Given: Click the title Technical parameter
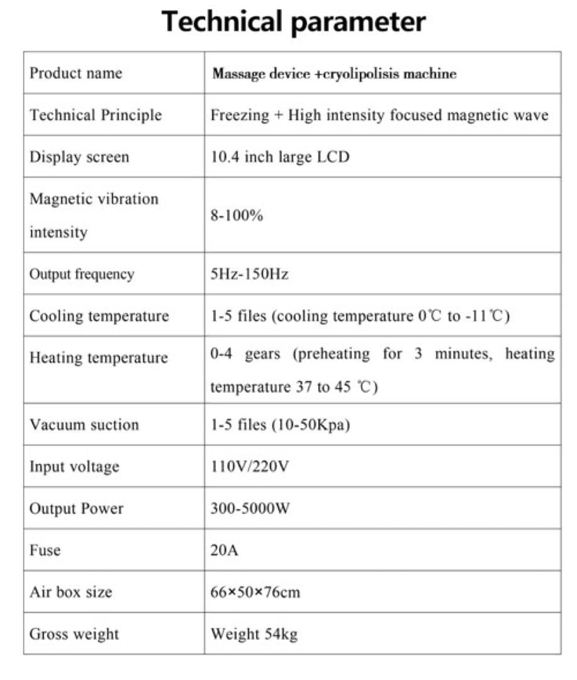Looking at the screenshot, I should pos(293,21).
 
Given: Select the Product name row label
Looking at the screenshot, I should pos(76,73).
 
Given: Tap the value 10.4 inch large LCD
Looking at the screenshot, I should pos(279,157).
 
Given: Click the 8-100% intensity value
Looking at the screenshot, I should pos(237,216).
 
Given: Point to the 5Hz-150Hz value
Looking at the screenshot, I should pos(249,275).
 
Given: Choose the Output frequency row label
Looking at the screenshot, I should pos(82,275).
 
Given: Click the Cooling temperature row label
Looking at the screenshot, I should pos(99,316).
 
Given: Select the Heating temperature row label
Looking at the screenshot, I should pos(99,358).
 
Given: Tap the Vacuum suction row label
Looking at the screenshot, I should pos(84,425).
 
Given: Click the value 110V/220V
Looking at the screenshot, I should pos(250,467).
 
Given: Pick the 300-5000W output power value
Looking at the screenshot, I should pos(250,509).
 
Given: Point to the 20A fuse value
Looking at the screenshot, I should pos(225,550).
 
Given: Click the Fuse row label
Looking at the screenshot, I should pos(45,550).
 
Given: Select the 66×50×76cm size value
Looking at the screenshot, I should pos(255,592).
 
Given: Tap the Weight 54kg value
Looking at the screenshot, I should pos(254,634).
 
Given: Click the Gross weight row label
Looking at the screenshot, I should pos(74,634).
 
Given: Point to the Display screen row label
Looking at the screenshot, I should pos(79,157).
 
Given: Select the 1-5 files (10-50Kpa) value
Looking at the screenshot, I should pos(280,425).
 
